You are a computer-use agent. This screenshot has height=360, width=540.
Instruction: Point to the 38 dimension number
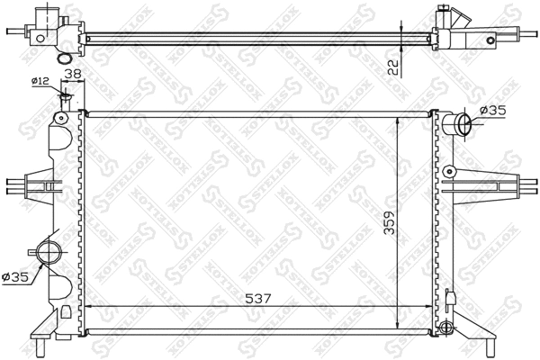(75, 76)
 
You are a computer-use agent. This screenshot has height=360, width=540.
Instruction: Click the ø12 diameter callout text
(40, 82)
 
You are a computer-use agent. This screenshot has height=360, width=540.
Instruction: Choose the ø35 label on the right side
(494, 111)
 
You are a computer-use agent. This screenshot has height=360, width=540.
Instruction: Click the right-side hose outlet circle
(459, 123)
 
